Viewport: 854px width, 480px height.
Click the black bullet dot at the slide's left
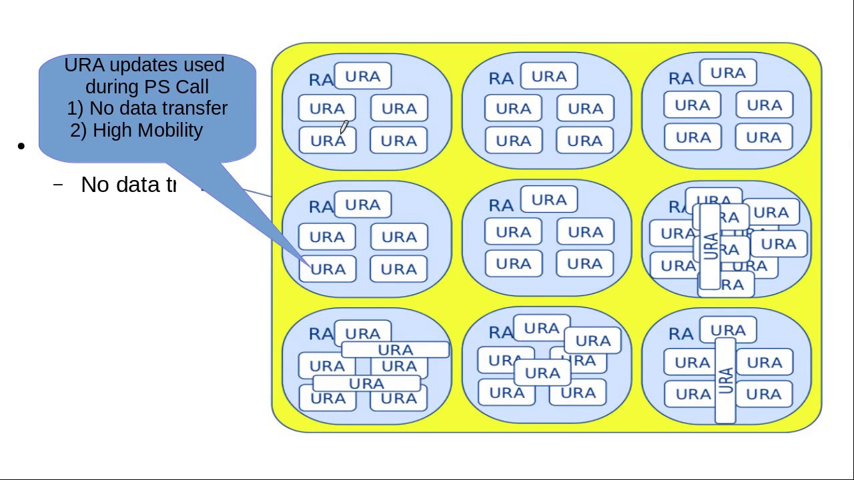(x=22, y=146)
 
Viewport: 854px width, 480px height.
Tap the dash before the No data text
(x=59, y=184)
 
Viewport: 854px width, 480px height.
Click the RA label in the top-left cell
(x=321, y=80)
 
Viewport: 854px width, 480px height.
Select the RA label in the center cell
(x=501, y=207)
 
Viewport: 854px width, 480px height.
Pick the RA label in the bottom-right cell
(x=681, y=334)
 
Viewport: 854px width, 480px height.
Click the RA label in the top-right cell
(x=681, y=79)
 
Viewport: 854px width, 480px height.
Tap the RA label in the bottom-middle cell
(x=501, y=333)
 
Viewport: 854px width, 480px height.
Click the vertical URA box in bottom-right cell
(x=725, y=381)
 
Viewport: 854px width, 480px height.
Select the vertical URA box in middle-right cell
(x=710, y=246)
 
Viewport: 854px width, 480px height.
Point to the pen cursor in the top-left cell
(x=344, y=127)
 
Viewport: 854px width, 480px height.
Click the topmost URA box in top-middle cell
(x=548, y=77)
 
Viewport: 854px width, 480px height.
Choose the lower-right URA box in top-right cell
(x=763, y=137)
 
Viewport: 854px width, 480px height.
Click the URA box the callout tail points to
(x=327, y=269)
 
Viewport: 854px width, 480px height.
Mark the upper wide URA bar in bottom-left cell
(x=395, y=350)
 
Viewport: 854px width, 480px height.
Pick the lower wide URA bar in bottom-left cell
(x=366, y=383)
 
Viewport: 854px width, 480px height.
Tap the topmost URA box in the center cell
(x=548, y=200)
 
